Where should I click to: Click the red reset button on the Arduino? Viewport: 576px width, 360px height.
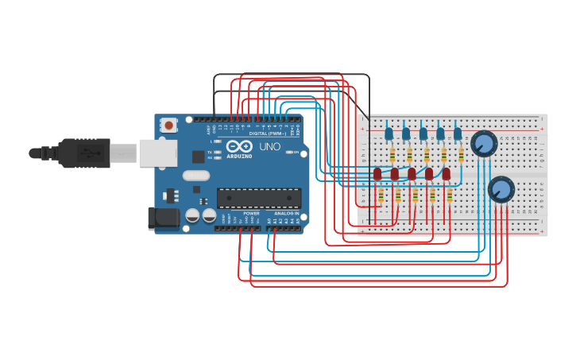pyautogui.click(x=168, y=124)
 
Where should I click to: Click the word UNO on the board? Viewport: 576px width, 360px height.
pyautogui.click(x=270, y=146)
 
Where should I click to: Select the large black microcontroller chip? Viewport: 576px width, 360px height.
pyautogui.click(x=258, y=198)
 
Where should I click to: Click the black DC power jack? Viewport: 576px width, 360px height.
pyautogui.click(x=164, y=217)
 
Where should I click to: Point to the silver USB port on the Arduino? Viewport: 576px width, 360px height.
pyautogui.click(x=158, y=153)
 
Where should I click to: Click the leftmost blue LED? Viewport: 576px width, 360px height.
pyautogui.click(x=389, y=134)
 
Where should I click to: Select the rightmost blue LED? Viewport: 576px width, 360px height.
pyautogui.click(x=458, y=134)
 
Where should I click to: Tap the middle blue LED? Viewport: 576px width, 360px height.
pyautogui.click(x=423, y=134)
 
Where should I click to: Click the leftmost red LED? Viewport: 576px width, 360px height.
pyautogui.click(x=377, y=173)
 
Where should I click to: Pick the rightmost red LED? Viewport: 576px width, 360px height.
pyautogui.click(x=446, y=173)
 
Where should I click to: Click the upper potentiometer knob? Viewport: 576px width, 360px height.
pyautogui.click(x=484, y=144)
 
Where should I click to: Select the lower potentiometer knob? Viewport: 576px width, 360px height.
pyautogui.click(x=501, y=189)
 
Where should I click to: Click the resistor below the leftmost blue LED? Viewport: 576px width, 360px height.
pyautogui.click(x=392, y=154)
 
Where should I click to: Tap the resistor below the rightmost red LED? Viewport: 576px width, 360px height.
pyautogui.click(x=450, y=195)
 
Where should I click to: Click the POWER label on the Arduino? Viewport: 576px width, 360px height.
pyautogui.click(x=251, y=214)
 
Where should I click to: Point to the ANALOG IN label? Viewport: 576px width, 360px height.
pyautogui.click(x=286, y=214)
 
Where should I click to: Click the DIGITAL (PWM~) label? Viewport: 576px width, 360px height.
pyautogui.click(x=268, y=134)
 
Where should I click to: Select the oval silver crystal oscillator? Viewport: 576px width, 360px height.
pyautogui.click(x=196, y=176)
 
